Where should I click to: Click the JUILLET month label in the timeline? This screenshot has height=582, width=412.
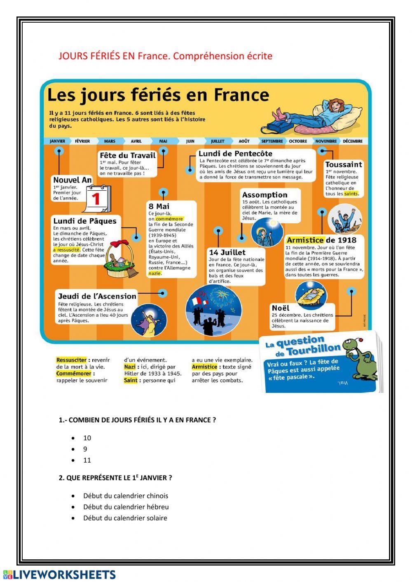point(218,141)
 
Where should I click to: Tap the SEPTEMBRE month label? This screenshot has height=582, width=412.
point(272,141)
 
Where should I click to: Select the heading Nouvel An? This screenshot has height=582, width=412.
point(73,180)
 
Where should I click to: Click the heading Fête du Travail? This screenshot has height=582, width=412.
point(128,155)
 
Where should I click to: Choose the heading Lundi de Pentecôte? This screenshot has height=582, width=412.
point(235,154)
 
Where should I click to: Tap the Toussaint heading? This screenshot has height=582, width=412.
point(344,164)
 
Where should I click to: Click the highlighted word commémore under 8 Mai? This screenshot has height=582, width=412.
point(169,219)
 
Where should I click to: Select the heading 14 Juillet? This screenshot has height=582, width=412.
point(227,252)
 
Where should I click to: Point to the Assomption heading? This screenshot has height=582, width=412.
point(265,195)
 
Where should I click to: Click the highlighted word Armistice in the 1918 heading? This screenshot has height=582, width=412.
point(305,240)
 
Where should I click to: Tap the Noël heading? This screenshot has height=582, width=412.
point(281,308)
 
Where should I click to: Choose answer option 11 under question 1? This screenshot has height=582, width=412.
point(87,460)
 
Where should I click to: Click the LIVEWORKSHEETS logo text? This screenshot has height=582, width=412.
point(64,575)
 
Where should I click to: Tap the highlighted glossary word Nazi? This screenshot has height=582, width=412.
point(130,367)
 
